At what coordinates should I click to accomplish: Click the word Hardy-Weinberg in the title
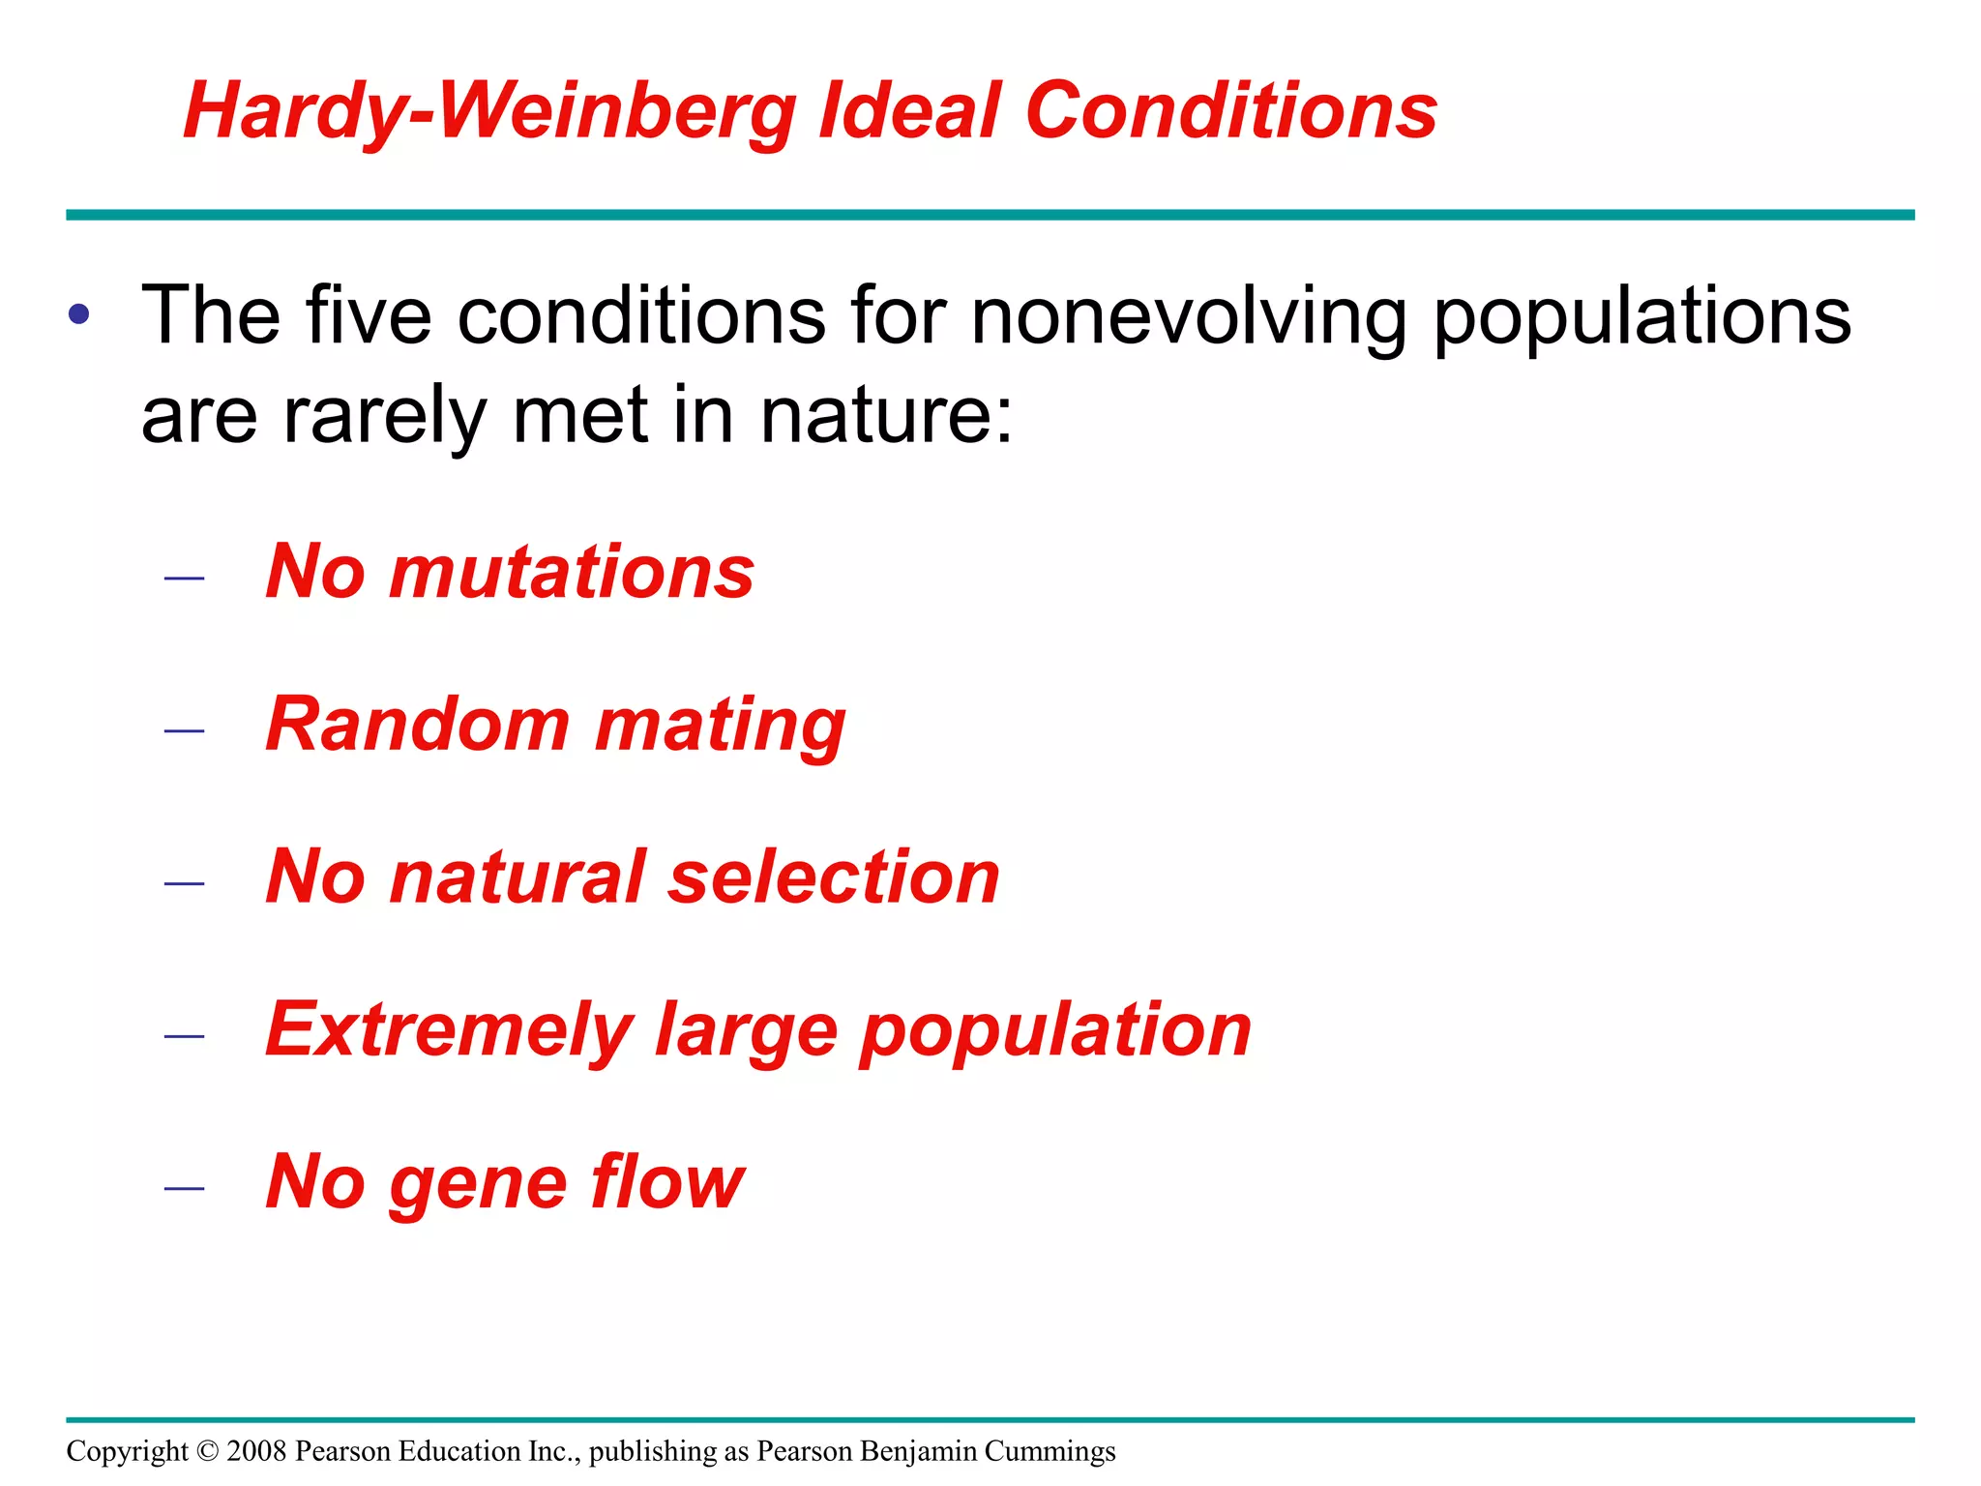[x=488, y=112]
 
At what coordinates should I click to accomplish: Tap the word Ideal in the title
[x=909, y=110]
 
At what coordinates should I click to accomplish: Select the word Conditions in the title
[x=1230, y=110]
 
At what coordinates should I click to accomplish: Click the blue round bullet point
[x=79, y=314]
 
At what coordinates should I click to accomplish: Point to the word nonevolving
[x=1189, y=316]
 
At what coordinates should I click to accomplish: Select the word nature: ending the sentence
[x=886, y=416]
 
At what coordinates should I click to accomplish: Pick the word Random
[x=418, y=725]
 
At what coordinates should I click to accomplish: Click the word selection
[x=833, y=877]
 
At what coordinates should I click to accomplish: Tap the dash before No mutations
[x=184, y=579]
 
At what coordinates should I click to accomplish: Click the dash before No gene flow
[x=184, y=1188]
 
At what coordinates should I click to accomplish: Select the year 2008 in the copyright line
[x=256, y=1451]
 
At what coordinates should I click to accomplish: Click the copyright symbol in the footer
[x=208, y=1451]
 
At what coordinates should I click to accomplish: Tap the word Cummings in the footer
[x=1050, y=1452]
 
